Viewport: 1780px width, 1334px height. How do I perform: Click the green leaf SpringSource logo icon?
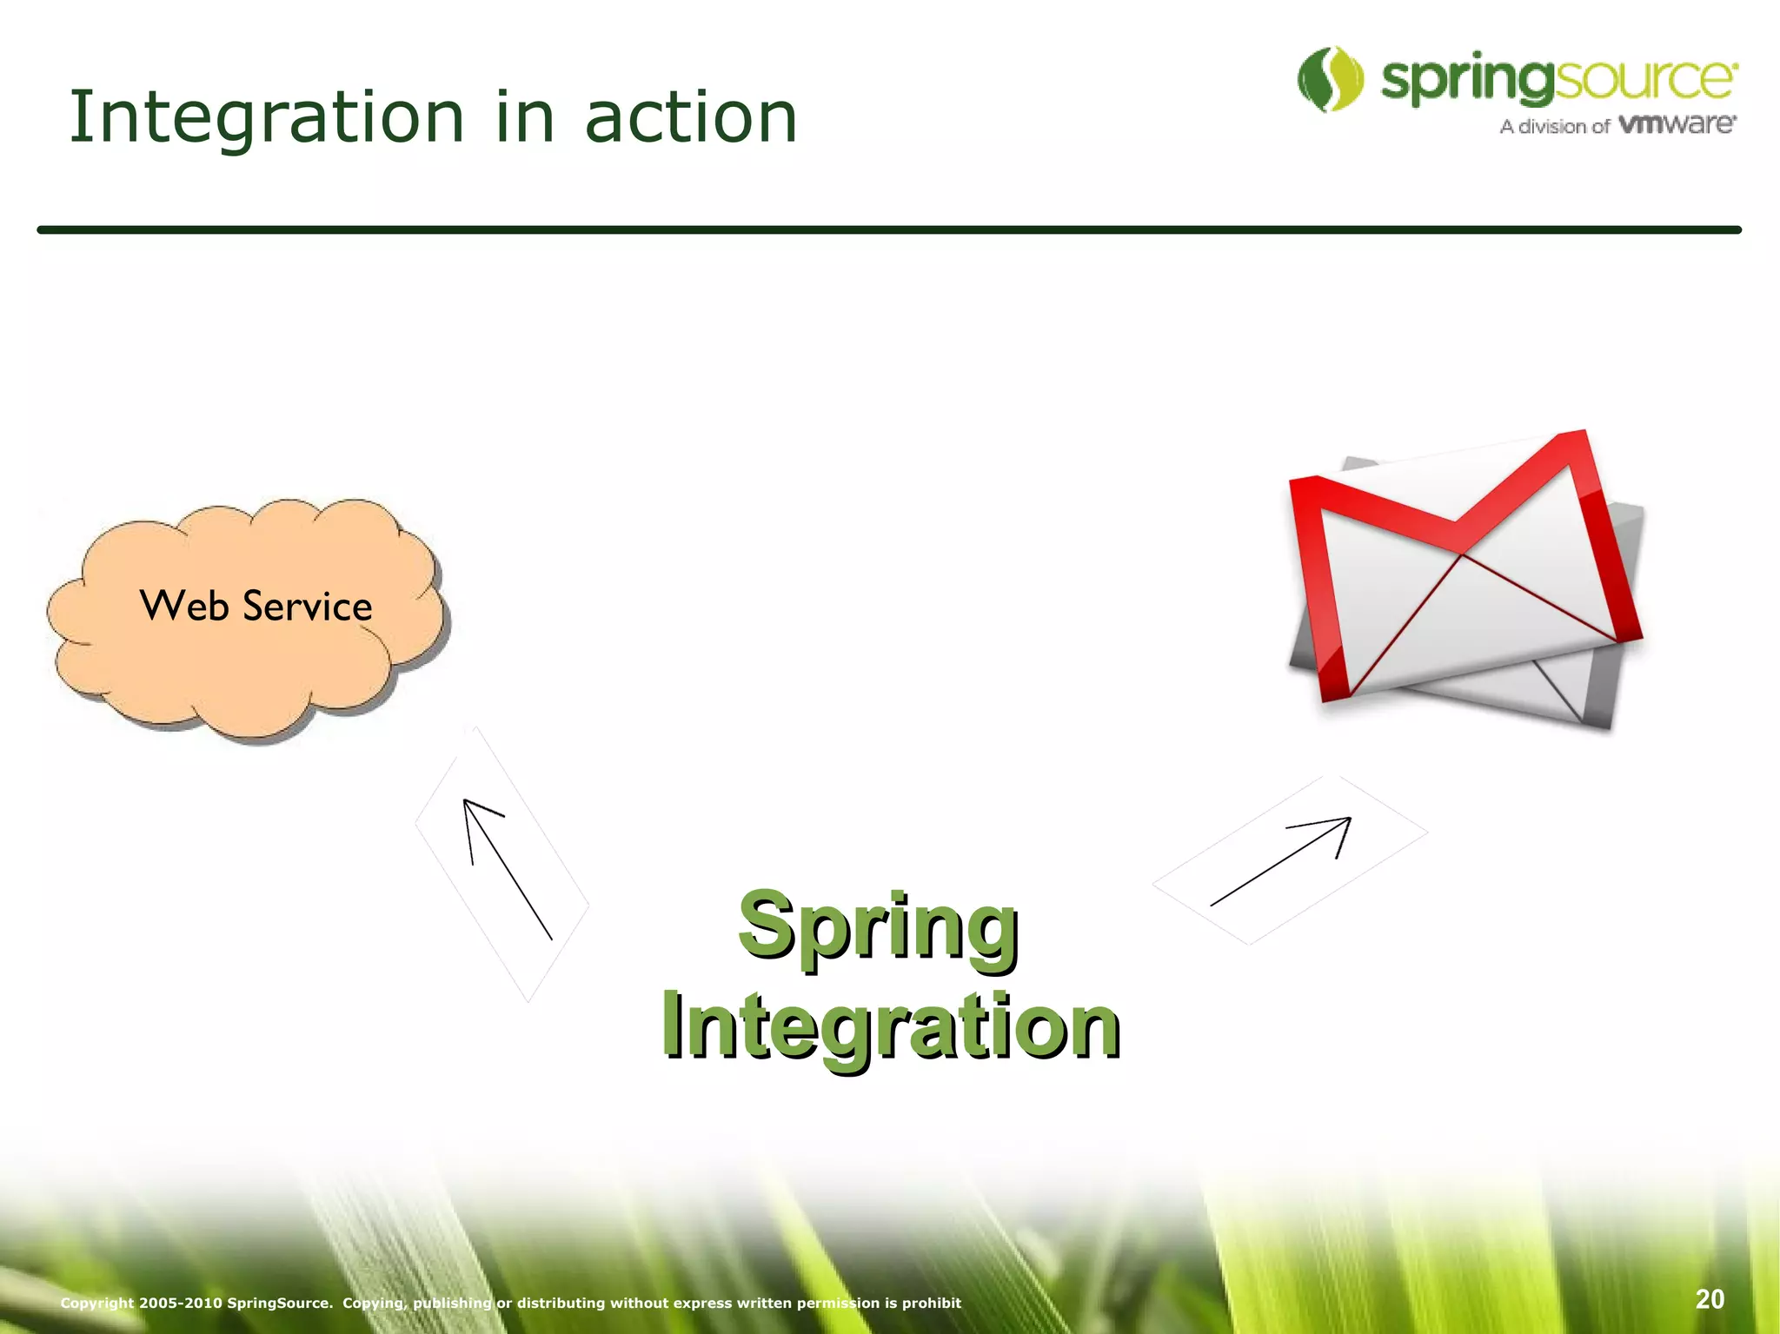(x=1330, y=79)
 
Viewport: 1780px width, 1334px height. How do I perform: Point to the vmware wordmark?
(x=1677, y=124)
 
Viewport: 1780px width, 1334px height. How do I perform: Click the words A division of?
(x=1554, y=127)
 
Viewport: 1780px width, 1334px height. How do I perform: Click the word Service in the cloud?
(x=308, y=606)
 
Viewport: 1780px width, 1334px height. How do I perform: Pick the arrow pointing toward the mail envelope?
(x=1283, y=860)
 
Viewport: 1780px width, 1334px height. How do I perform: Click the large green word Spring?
(x=878, y=926)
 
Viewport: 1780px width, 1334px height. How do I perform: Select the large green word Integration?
(x=890, y=1027)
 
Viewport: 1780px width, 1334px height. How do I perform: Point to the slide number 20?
(x=1709, y=1299)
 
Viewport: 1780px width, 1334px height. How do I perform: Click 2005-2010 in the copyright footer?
(x=181, y=1303)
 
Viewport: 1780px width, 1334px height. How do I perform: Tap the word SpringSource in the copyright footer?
(x=278, y=1303)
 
